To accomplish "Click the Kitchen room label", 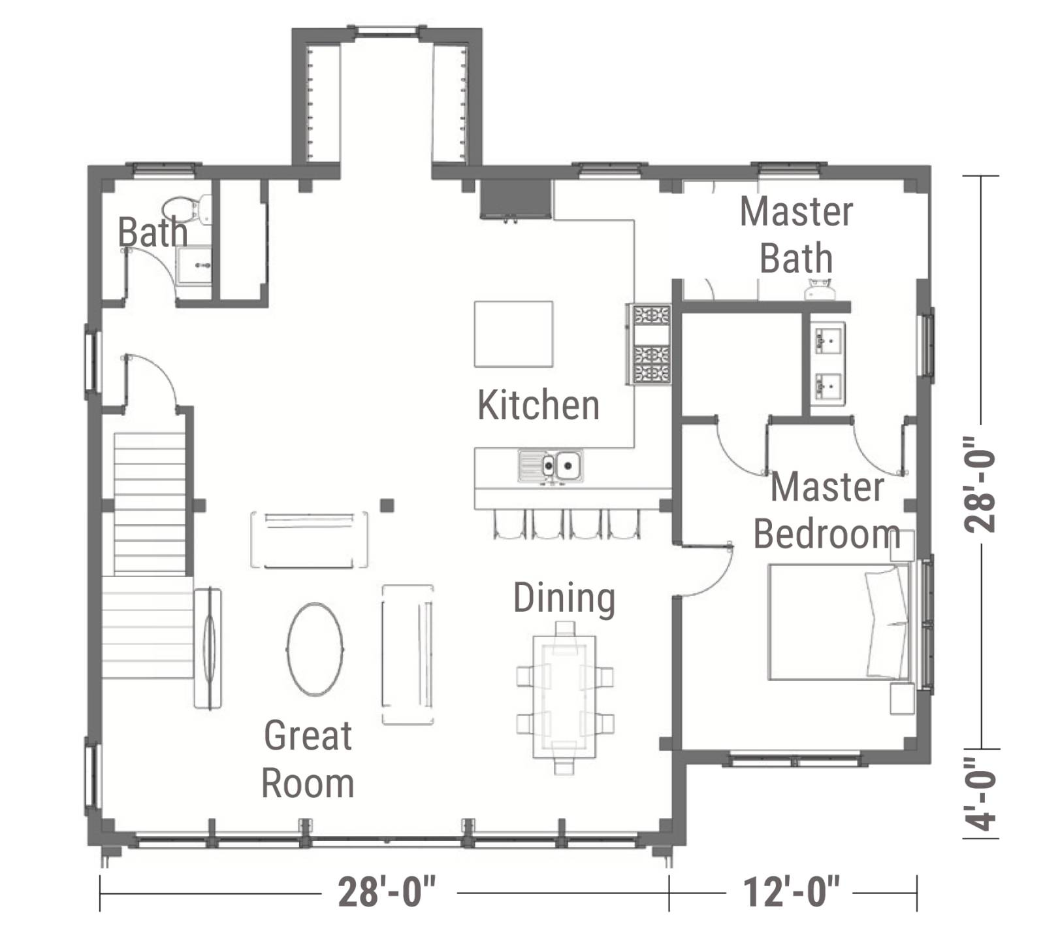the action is [538, 405].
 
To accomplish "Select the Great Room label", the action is [308, 759].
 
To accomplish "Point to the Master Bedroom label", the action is [827, 510].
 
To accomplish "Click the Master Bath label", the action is [796, 235].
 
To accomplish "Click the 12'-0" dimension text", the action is [792, 892].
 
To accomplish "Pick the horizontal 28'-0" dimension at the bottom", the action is [387, 892].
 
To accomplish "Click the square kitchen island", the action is [513, 334].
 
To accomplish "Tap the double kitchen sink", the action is [551, 467].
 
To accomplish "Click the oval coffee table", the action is [315, 648].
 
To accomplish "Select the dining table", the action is [564, 697].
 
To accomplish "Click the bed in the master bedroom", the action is [840, 622].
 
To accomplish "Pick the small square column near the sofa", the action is [387, 505].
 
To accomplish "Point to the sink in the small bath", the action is [195, 265].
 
